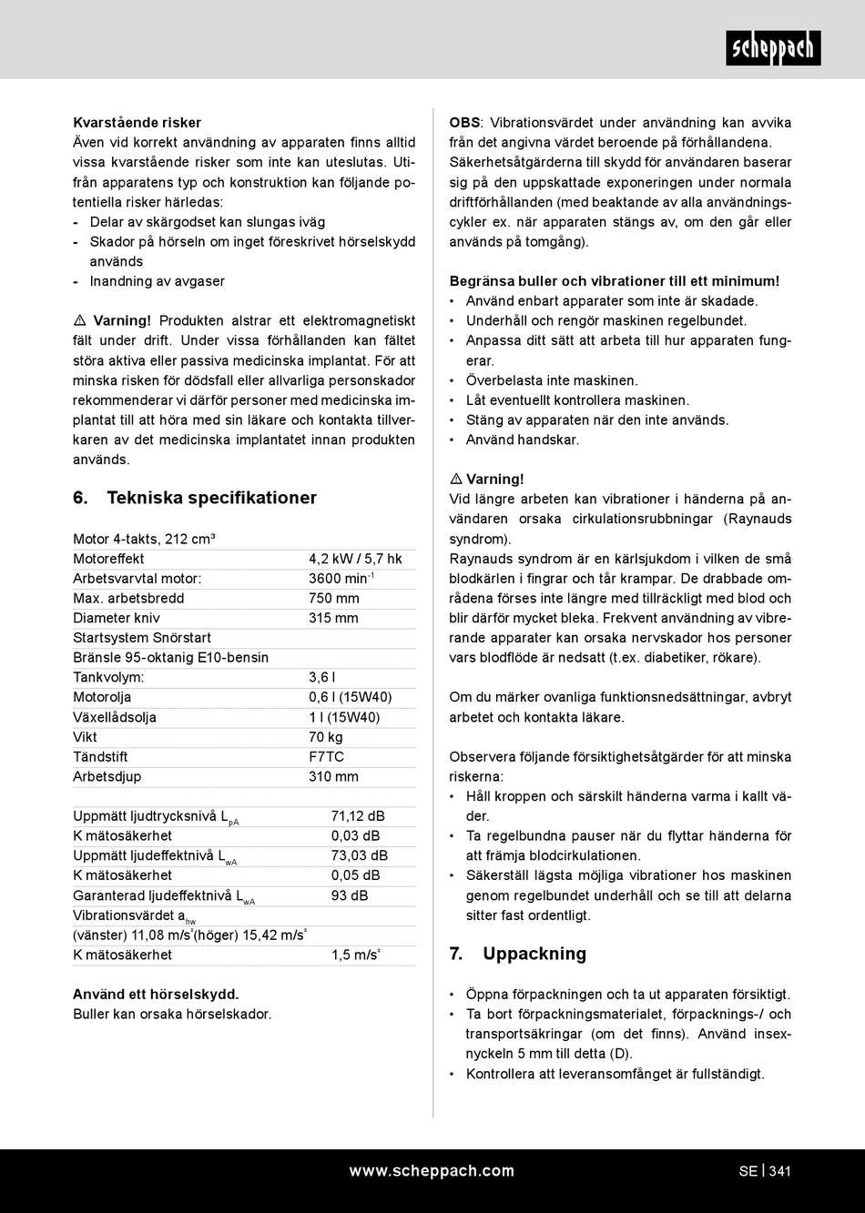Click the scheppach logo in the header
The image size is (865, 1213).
[773, 48]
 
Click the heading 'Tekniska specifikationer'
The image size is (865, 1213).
[211, 498]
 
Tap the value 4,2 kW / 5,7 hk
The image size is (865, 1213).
[355, 559]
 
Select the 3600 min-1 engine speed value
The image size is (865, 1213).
[341, 579]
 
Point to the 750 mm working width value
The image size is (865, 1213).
[334, 599]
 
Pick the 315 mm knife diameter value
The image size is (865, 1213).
[334, 619]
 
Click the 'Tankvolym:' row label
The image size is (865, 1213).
[108, 678]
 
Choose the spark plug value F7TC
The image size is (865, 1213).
[326, 757]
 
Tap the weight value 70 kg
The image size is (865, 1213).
[326, 737]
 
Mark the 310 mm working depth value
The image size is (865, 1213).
[334, 777]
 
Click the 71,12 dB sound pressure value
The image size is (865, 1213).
[358, 816]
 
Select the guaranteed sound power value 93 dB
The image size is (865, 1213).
[350, 895]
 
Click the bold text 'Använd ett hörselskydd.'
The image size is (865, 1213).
[156, 995]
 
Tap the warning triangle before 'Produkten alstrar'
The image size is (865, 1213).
[79, 321]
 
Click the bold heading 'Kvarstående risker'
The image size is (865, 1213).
[137, 123]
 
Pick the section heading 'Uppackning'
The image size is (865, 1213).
[534, 954]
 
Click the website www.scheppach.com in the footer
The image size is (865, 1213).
[432, 1171]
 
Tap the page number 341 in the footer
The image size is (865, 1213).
[779, 1171]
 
